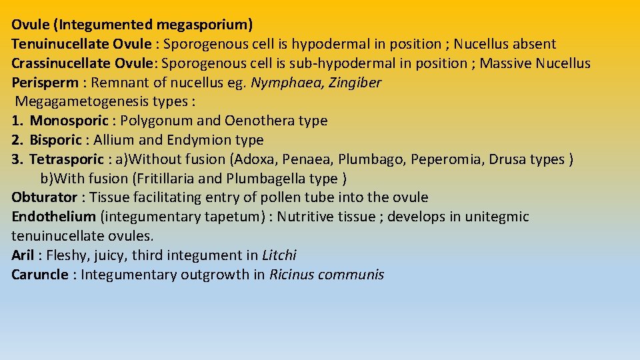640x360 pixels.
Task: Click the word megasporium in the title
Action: (205, 25)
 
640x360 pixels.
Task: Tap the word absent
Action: (533, 44)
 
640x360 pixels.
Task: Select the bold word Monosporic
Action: (69, 121)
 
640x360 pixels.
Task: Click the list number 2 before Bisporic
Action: (17, 140)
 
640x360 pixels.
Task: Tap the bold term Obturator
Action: (44, 197)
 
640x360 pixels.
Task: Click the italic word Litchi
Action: (279, 255)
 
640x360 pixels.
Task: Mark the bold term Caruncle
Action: (40, 275)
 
